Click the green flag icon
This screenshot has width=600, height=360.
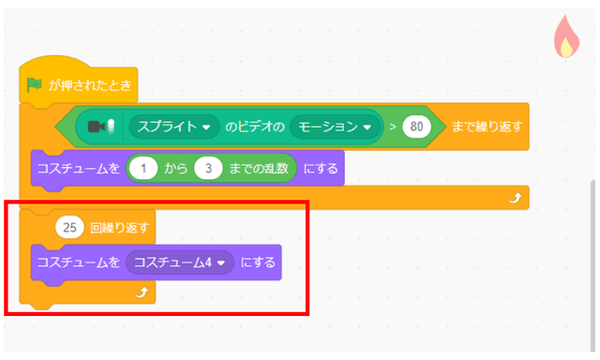35,85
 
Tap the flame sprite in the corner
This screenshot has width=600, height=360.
565,38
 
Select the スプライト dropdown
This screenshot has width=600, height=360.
173,126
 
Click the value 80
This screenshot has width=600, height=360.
417,126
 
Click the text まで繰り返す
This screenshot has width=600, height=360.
485,126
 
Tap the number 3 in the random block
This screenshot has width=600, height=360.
209,169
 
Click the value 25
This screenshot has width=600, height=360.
69,226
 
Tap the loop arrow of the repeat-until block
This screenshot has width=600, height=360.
513,200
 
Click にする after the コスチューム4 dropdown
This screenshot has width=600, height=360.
258,262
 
